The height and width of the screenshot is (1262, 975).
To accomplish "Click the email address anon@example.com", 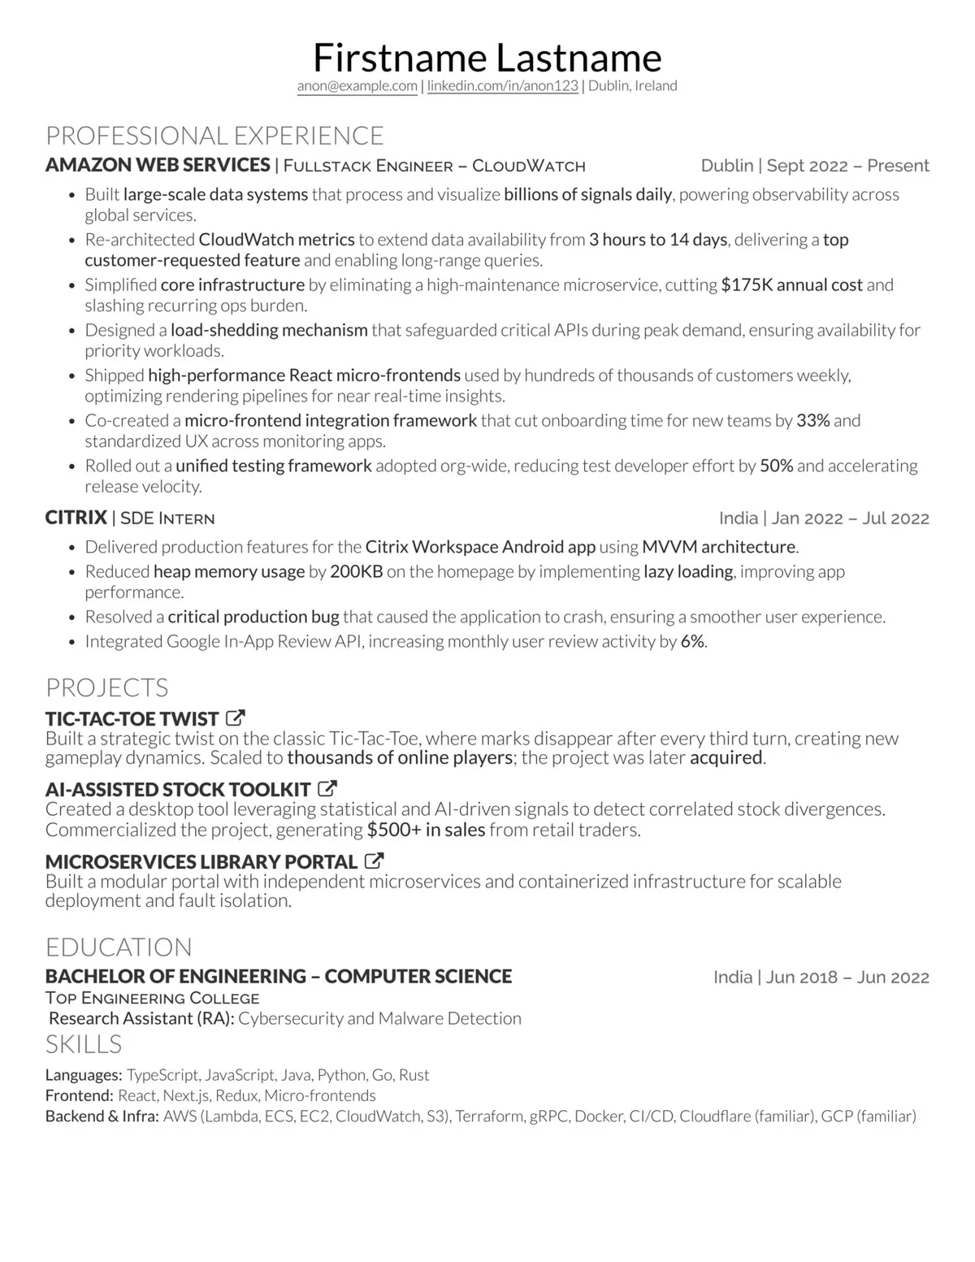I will click(357, 86).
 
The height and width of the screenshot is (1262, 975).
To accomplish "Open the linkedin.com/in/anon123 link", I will click(503, 86).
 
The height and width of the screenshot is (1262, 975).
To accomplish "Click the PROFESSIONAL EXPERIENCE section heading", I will click(214, 135).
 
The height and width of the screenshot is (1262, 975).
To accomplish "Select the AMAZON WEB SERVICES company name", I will click(158, 165).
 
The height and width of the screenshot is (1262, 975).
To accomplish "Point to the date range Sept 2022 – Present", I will click(847, 166).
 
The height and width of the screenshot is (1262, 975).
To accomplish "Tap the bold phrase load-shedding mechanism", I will click(269, 330).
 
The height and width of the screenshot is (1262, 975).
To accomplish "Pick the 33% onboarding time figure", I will click(812, 421).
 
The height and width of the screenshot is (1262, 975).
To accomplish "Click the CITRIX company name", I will click(76, 518).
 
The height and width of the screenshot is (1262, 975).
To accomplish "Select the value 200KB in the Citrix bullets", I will click(356, 571).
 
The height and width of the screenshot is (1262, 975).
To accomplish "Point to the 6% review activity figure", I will click(692, 641).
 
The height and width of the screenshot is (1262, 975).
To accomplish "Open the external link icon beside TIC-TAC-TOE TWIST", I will click(236, 718).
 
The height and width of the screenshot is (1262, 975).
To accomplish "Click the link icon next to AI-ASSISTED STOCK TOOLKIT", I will click(327, 788).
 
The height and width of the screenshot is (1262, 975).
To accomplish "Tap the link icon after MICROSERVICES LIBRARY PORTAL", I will click(374, 861).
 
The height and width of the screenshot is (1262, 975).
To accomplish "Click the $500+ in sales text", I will click(426, 830).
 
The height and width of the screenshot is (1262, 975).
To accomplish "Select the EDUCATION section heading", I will click(119, 947).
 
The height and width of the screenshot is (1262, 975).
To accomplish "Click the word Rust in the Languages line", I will click(414, 1075).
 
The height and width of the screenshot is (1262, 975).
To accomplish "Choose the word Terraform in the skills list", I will click(489, 1116).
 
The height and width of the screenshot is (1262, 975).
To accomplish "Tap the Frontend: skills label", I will click(80, 1095).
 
